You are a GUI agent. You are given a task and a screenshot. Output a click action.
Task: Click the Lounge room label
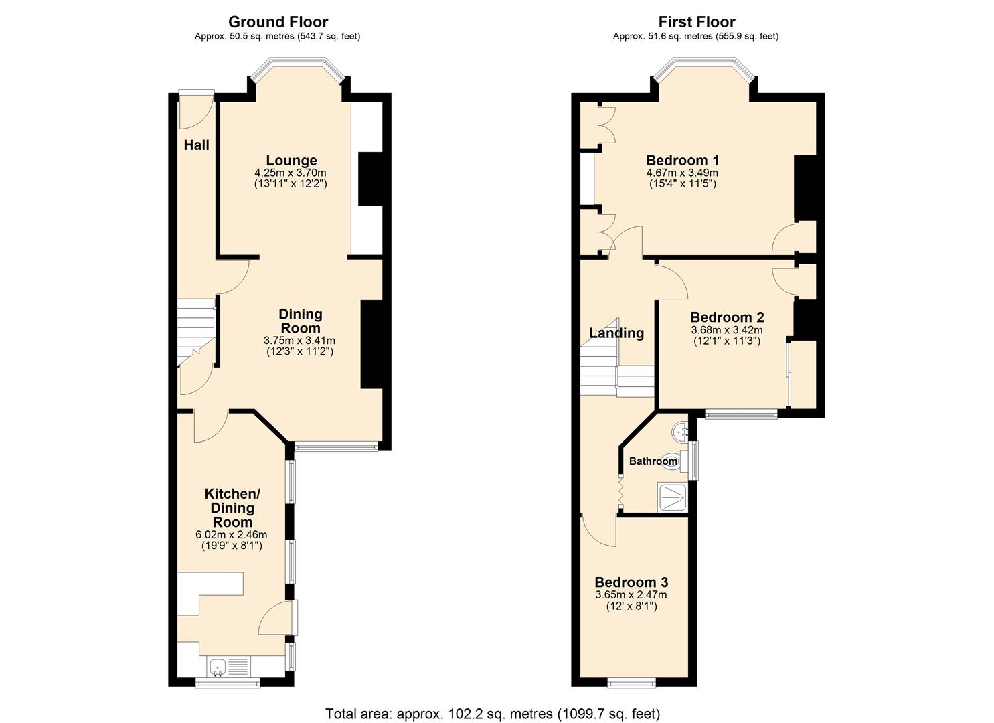coord(291,161)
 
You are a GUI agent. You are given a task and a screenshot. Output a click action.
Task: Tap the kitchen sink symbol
coord(218,667)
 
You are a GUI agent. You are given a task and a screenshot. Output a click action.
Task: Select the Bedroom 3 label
coord(631,582)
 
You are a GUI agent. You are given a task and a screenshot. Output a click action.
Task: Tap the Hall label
coord(197,145)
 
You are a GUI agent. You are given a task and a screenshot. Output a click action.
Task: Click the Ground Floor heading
coord(278,22)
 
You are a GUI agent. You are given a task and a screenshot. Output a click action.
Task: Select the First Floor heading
coord(696,22)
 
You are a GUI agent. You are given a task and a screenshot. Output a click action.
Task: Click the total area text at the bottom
coord(493,713)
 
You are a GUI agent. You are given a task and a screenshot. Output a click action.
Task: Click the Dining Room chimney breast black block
coord(371,344)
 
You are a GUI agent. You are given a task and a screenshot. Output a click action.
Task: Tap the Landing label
coord(616,333)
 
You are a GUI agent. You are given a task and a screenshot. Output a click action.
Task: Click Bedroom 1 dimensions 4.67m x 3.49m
coord(682,173)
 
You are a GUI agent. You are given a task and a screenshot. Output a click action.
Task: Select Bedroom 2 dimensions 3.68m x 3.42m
coord(727,330)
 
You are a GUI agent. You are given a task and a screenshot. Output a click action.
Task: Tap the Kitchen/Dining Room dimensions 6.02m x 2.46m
coord(231,534)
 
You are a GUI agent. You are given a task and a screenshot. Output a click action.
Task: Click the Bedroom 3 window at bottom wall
coord(632,683)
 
